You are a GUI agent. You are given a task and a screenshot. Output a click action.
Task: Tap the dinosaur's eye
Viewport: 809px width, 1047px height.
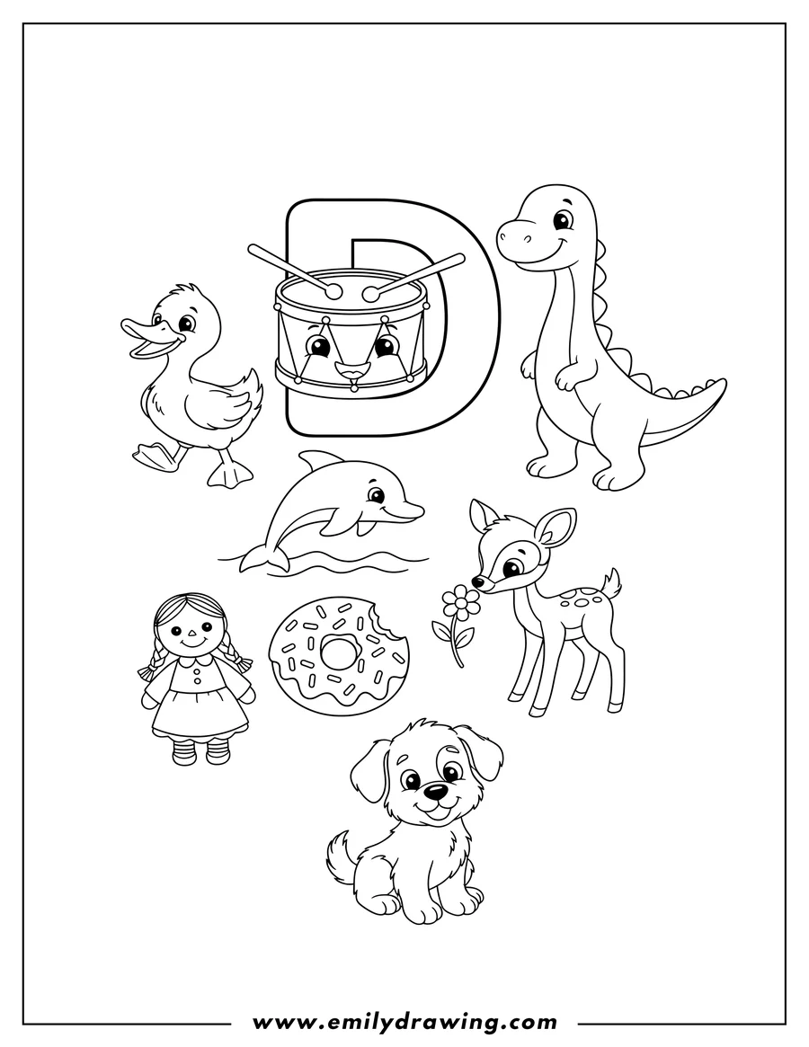pyautogui.click(x=562, y=218)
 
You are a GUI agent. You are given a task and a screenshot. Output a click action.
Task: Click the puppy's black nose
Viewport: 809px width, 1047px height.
pyautogui.click(x=435, y=791)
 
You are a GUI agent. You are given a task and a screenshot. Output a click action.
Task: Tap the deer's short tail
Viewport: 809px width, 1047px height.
pyautogui.click(x=613, y=583)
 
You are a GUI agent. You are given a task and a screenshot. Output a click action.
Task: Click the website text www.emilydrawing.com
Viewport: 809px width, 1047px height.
pyautogui.click(x=404, y=1021)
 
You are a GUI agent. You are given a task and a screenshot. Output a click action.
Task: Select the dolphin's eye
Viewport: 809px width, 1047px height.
pyautogui.click(x=376, y=495)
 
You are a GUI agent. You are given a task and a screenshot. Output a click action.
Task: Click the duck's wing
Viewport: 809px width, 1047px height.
pyautogui.click(x=229, y=400)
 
